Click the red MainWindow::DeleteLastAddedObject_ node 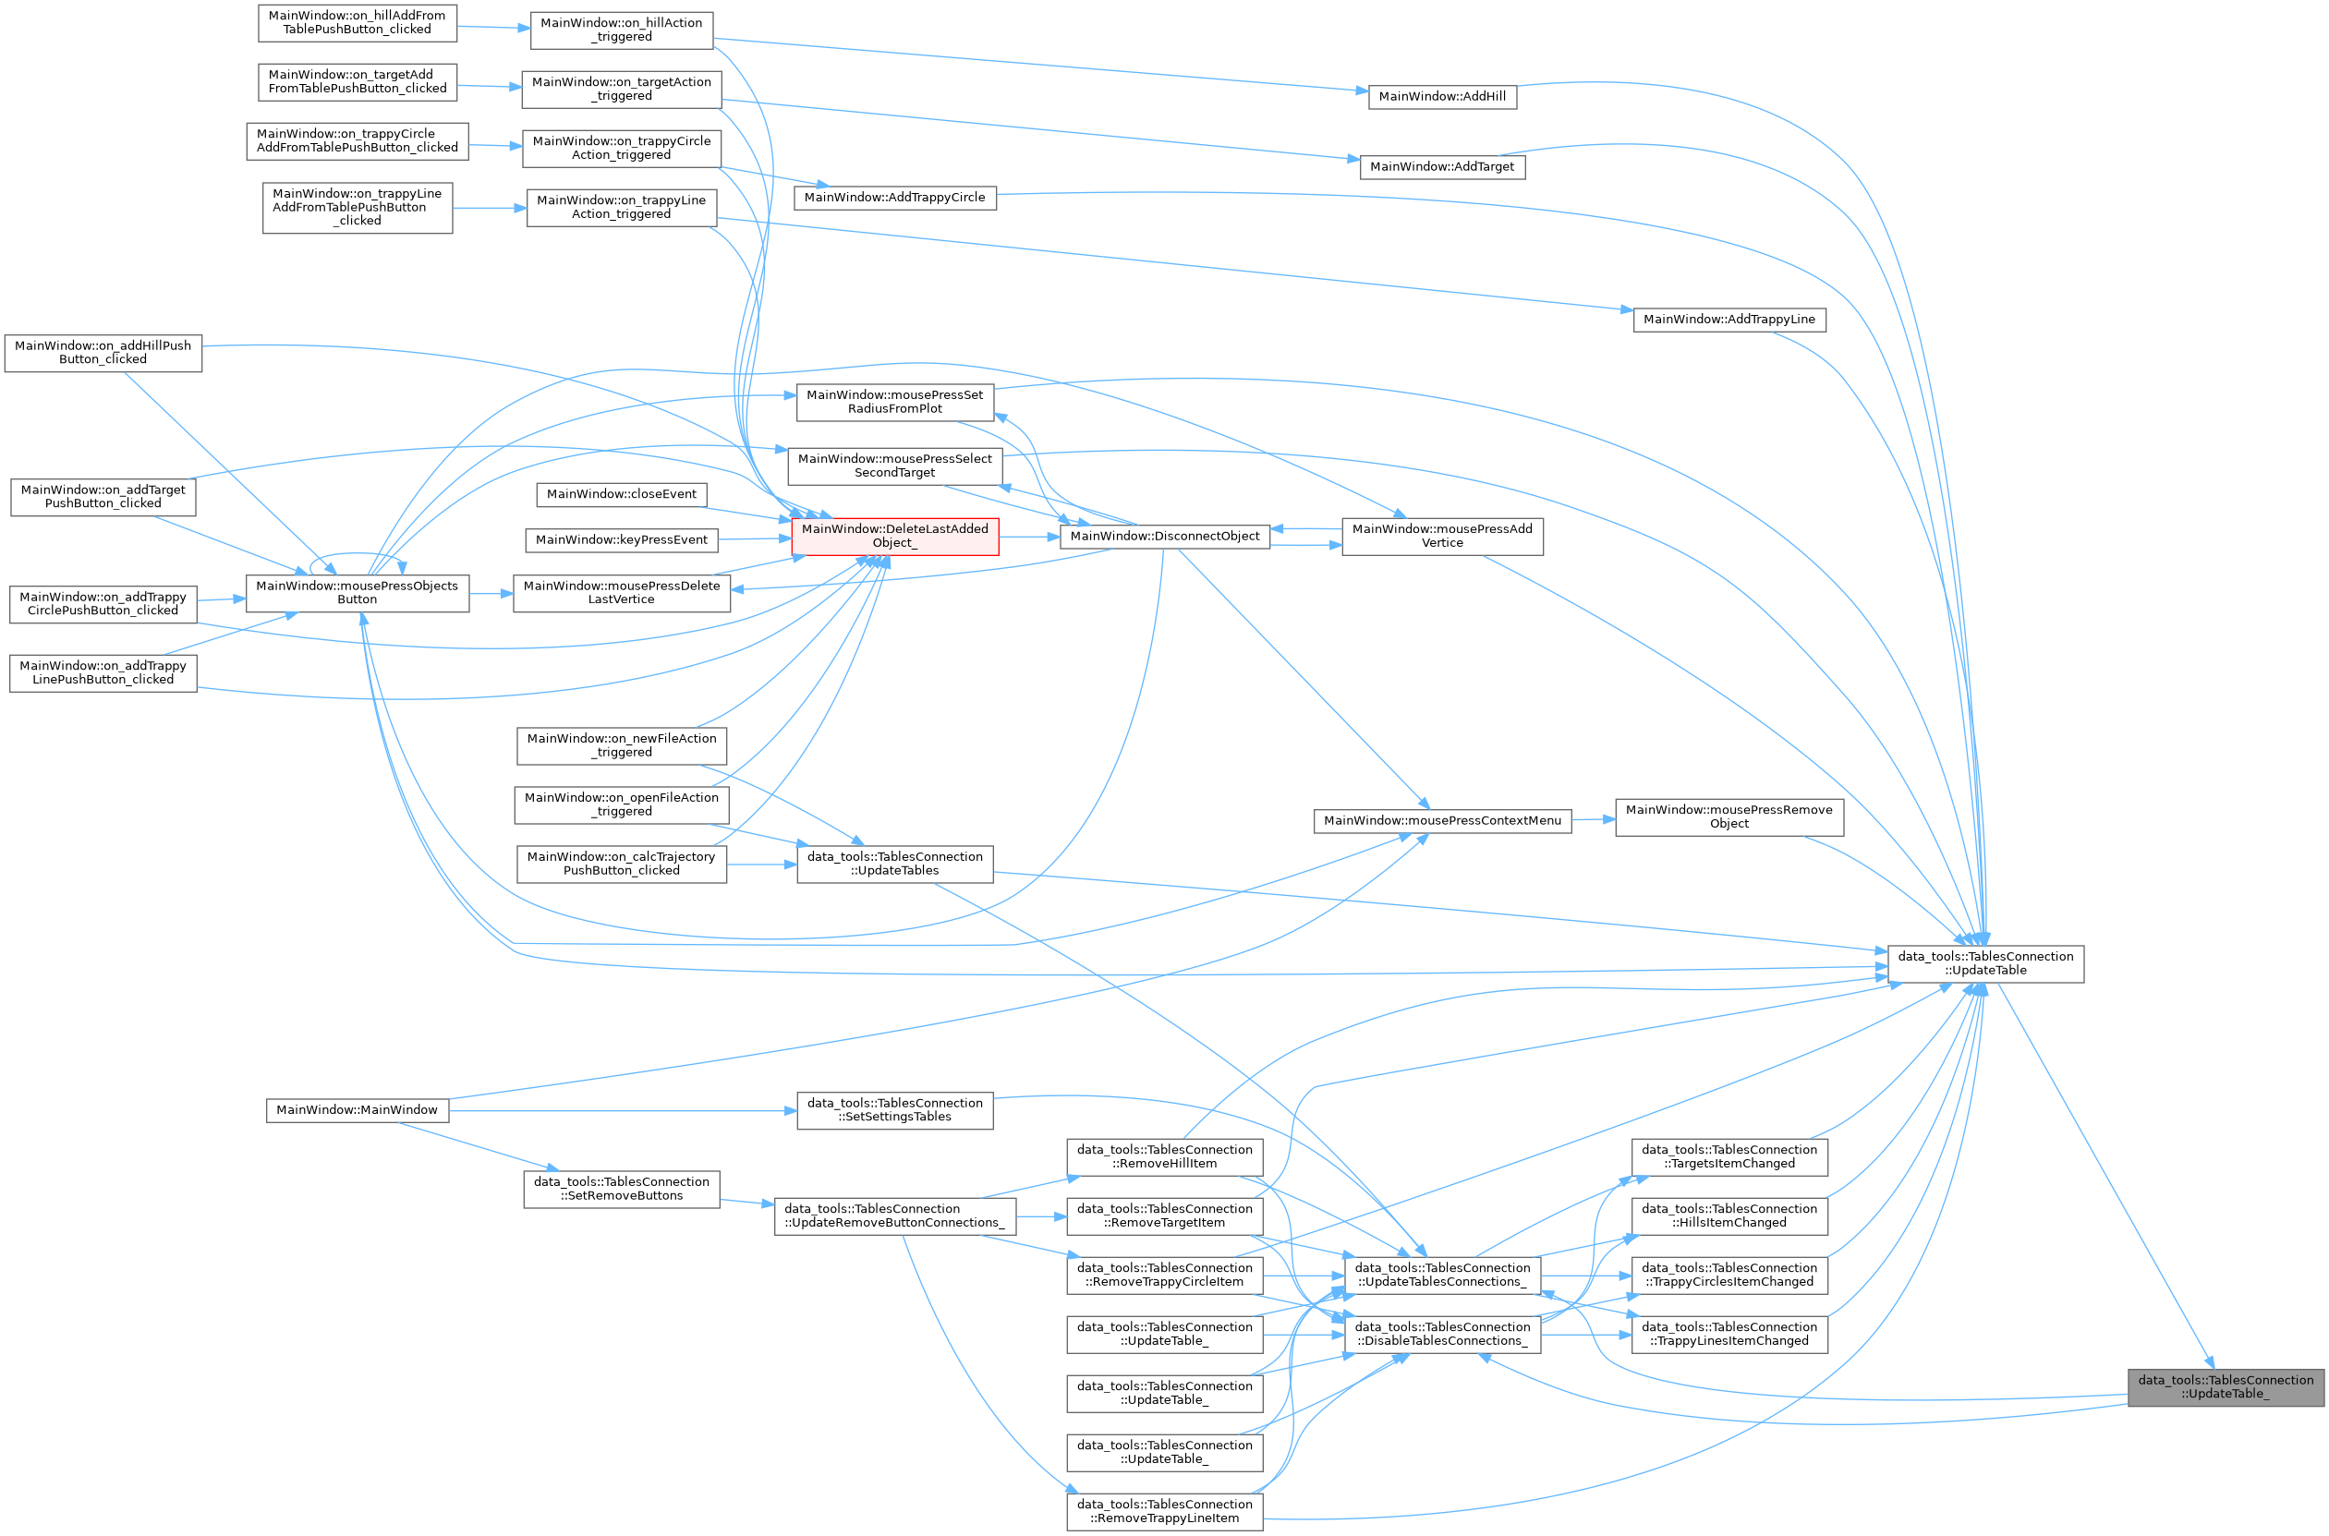click(x=894, y=536)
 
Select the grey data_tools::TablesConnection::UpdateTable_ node click(x=2226, y=1387)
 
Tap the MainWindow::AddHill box click(x=1441, y=97)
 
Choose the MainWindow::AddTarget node click(x=1441, y=166)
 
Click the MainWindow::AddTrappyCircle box click(x=894, y=198)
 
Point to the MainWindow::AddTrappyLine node click(x=1729, y=320)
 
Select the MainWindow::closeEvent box click(x=621, y=495)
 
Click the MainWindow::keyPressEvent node click(x=621, y=539)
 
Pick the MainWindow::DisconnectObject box click(x=1164, y=537)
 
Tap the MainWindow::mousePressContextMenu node click(x=1441, y=821)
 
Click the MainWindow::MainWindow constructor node click(x=357, y=1111)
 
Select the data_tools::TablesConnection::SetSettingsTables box click(x=894, y=1111)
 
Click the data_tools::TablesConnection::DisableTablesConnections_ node click(x=1441, y=1335)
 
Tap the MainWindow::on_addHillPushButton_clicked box click(x=103, y=353)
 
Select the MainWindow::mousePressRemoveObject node click(x=1729, y=817)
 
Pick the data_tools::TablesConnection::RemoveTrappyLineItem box click(x=1164, y=1511)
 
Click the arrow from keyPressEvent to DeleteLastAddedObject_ click(x=755, y=538)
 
